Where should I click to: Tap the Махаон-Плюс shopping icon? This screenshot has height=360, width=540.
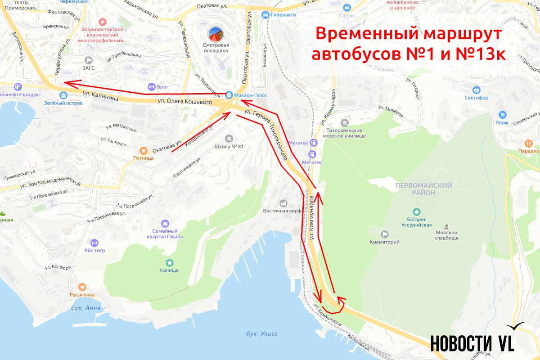(229, 95)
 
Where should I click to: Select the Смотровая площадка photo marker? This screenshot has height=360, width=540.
(216, 35)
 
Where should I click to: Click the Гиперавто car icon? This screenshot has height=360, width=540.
(265, 14)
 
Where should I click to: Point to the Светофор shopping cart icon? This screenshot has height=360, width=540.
(477, 90)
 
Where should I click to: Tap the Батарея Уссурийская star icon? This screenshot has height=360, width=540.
(417, 211)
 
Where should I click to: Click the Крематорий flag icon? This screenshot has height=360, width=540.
(384, 234)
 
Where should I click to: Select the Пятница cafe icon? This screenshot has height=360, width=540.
(143, 150)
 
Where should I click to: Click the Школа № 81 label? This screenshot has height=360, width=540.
(229, 146)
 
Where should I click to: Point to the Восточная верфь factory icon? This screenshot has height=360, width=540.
(283, 203)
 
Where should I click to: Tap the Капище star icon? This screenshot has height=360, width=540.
(169, 262)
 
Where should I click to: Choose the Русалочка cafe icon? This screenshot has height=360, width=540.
(82, 287)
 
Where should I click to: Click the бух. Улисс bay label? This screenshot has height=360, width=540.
(262, 333)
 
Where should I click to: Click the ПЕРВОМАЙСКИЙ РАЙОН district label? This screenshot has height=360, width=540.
(417, 189)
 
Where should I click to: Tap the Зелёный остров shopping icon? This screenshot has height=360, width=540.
(63, 95)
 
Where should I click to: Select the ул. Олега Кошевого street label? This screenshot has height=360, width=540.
(184, 103)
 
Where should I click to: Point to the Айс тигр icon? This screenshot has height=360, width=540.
(94, 243)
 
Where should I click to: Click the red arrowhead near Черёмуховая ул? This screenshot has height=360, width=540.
(66, 83)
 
